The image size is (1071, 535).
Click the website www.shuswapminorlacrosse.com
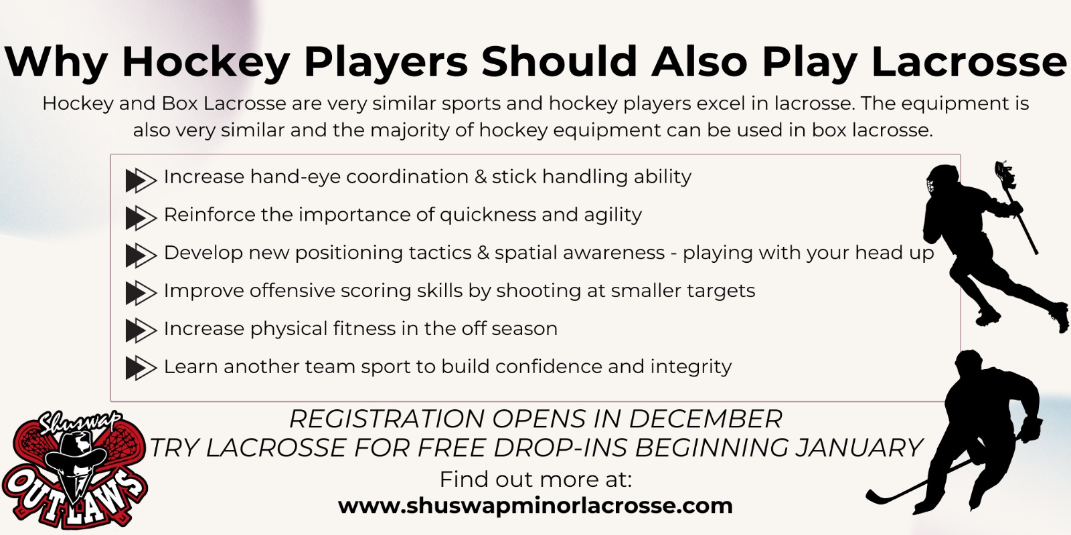(535, 506)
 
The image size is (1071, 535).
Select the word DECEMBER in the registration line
(706, 419)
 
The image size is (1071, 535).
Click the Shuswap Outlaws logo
(75, 470)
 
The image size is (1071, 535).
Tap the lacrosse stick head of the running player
(1005, 175)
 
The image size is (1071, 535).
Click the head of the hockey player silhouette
(969, 364)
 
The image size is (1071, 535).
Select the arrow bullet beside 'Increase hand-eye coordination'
(141, 180)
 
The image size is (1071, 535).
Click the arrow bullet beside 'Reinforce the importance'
(141, 218)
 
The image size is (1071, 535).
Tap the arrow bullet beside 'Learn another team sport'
(141, 368)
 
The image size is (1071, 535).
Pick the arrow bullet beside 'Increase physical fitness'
(141, 330)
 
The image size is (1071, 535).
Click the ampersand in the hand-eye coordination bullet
(480, 177)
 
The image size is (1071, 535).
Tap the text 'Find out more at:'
(535, 479)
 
